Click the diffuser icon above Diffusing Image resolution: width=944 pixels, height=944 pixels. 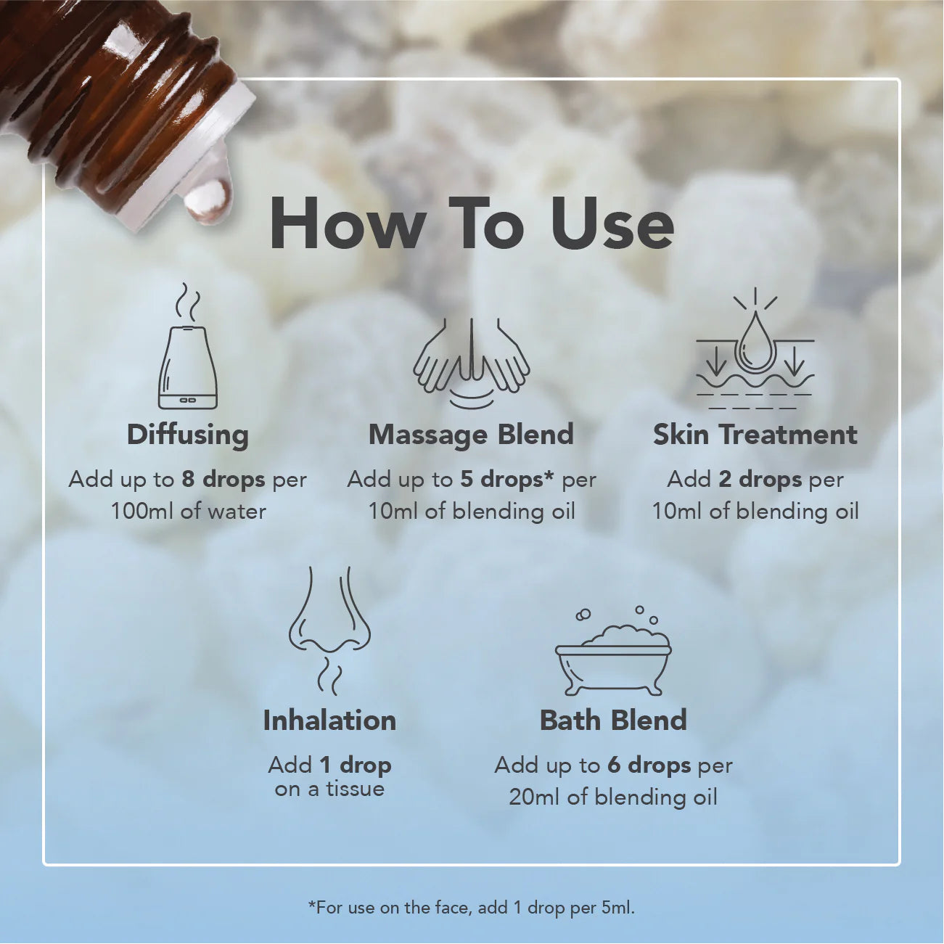[x=188, y=356]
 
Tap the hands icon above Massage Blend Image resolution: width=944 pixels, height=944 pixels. [x=472, y=359]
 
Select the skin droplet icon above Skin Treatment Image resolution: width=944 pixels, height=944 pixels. [x=755, y=352]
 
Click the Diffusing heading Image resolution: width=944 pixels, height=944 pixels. [x=188, y=435]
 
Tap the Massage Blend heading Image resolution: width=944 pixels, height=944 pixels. [x=472, y=435]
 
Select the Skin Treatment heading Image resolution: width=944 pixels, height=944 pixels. [x=755, y=435]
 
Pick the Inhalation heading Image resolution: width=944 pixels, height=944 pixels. [x=329, y=721]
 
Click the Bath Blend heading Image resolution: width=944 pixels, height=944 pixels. [x=613, y=721]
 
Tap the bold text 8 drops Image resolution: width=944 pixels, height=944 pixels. [x=223, y=480]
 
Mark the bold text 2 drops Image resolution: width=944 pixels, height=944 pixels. [x=760, y=480]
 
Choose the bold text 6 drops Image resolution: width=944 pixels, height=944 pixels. [x=649, y=766]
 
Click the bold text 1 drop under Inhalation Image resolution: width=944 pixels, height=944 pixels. [x=356, y=766]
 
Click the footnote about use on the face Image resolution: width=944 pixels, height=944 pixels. [x=472, y=907]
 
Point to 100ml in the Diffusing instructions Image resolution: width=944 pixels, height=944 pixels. [x=142, y=512]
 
